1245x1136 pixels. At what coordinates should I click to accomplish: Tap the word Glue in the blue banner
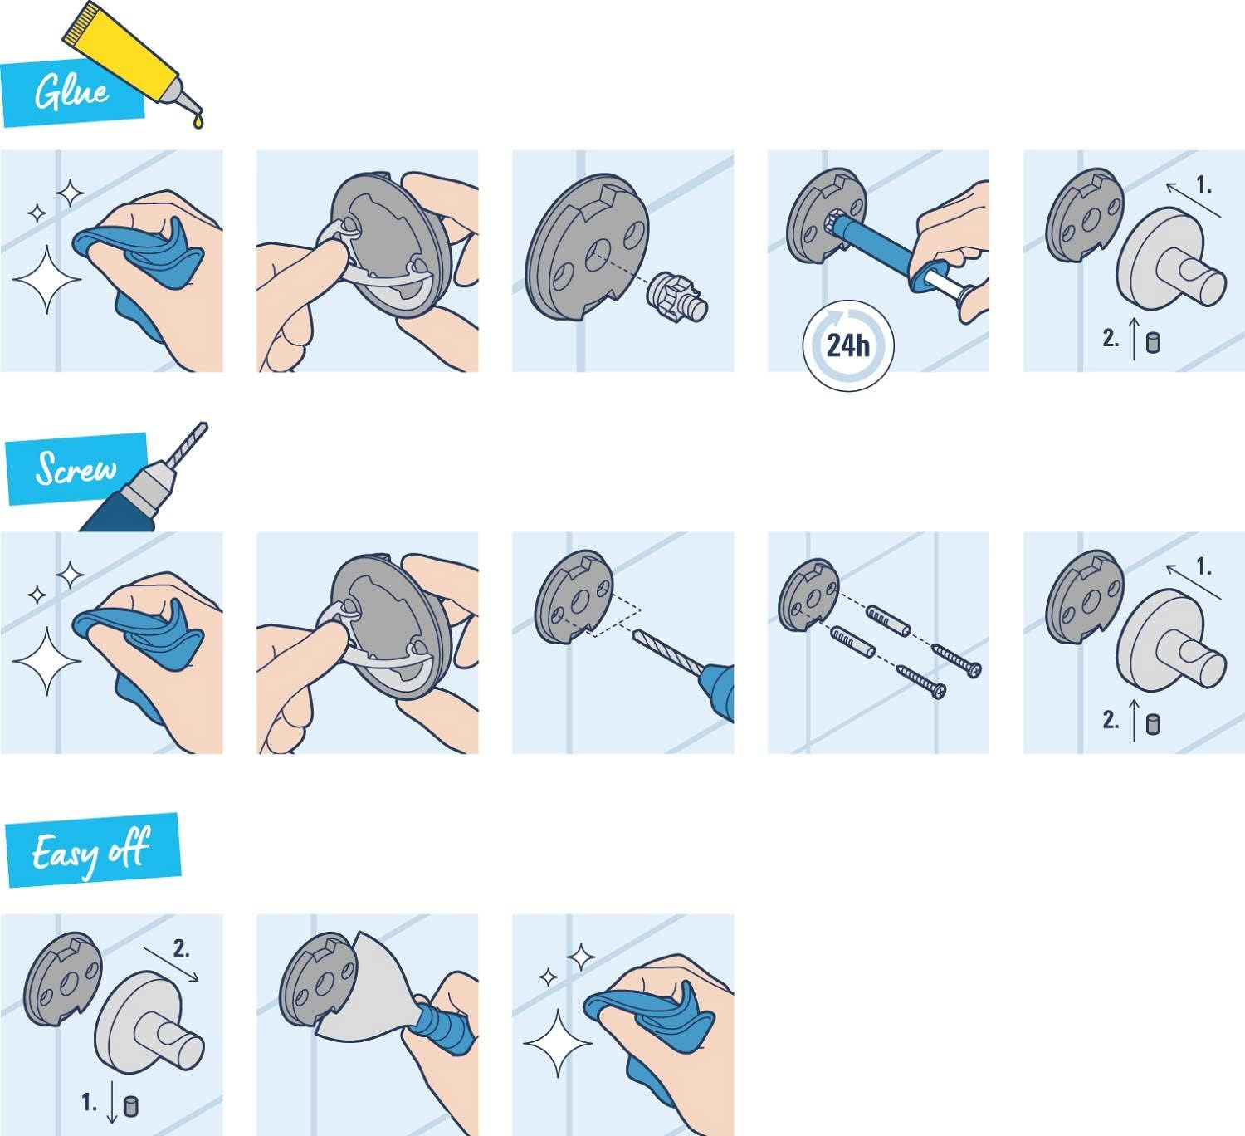click(x=71, y=91)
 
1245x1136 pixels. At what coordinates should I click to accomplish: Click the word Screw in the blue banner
click(x=75, y=469)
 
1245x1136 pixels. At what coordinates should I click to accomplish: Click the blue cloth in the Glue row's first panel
click(x=137, y=253)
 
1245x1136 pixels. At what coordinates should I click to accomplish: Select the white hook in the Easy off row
click(x=149, y=1030)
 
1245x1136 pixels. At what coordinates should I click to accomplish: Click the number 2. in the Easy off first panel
click(x=182, y=947)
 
